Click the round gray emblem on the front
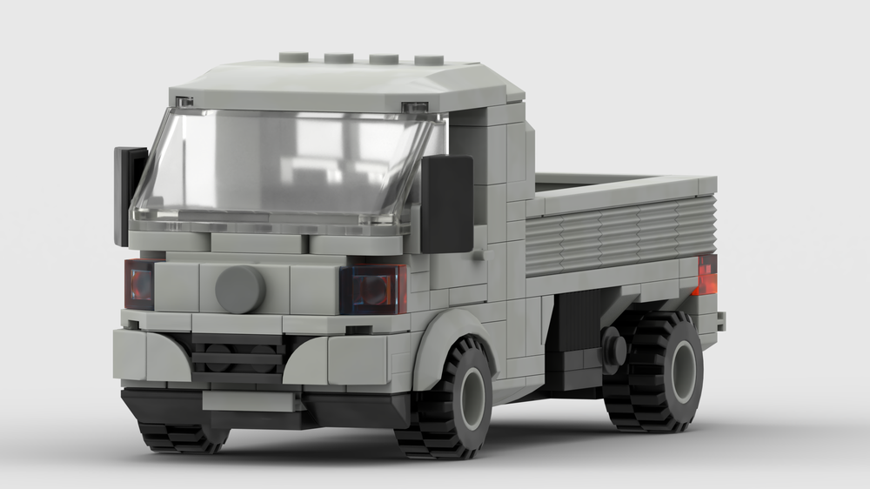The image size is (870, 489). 240,289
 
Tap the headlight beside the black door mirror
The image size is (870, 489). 374,289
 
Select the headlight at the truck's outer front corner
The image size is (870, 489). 138,284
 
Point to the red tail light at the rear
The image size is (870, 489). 706,275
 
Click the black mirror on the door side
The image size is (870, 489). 446,204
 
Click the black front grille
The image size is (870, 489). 237,357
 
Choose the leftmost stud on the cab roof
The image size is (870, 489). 293,58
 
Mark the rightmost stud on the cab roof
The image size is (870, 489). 428,60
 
